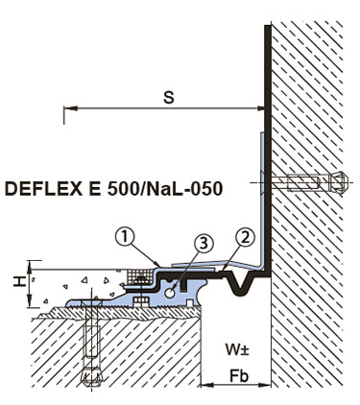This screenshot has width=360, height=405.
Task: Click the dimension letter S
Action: [169, 98]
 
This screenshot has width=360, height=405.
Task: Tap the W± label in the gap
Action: [237, 349]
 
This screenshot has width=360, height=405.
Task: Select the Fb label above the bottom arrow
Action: [239, 376]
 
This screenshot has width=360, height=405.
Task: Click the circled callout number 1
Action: [125, 237]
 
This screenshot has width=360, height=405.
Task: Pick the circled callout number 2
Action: [246, 238]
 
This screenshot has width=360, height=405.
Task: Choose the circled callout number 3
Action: [204, 243]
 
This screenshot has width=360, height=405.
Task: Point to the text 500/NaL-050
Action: [165, 189]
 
